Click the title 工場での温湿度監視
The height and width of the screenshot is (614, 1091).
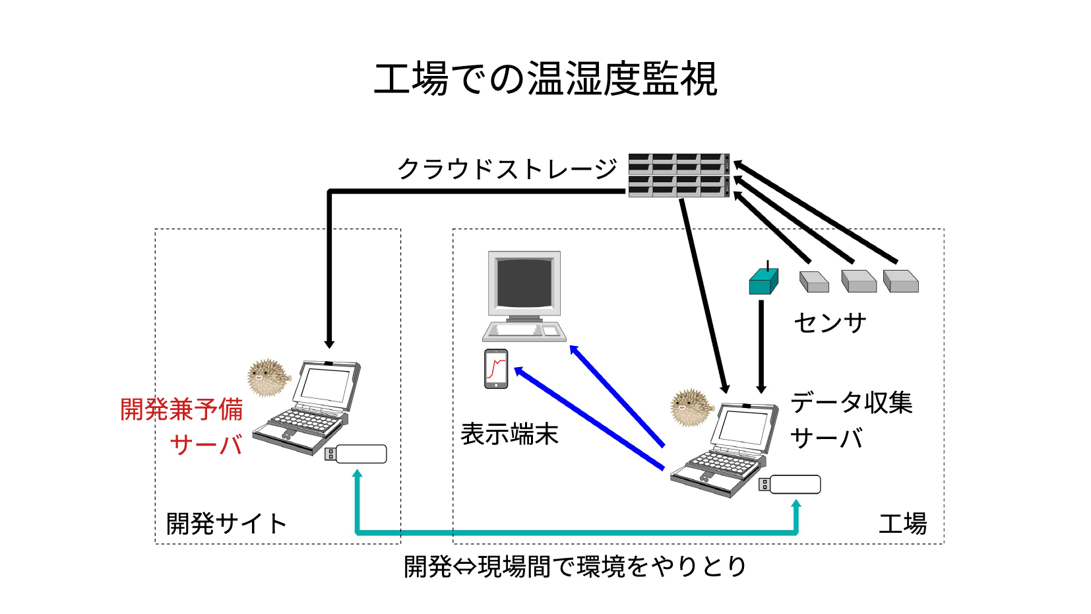coord(545,79)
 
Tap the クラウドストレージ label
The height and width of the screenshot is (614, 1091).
coord(507,169)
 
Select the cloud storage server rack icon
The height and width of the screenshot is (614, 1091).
coord(679,175)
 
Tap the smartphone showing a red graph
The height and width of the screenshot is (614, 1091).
coord(496,369)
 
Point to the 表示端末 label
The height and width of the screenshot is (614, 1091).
coord(509,434)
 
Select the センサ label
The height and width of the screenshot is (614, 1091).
coord(830,323)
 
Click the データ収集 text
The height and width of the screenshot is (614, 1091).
coord(852,403)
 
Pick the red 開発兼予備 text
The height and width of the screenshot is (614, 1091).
coord(181,409)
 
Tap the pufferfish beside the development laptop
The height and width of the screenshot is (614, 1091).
coord(268,377)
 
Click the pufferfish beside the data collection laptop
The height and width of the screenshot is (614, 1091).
coord(691,407)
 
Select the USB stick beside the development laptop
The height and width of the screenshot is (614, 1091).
coord(356,454)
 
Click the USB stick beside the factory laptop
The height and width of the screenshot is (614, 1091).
coord(790,485)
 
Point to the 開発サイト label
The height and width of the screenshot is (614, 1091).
coord(226,524)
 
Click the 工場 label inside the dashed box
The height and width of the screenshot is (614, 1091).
coord(902,524)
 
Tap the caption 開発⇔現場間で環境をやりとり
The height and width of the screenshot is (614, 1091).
coord(575,566)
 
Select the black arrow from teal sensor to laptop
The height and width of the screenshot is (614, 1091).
coord(761,347)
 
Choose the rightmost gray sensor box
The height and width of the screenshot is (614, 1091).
coord(900,281)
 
